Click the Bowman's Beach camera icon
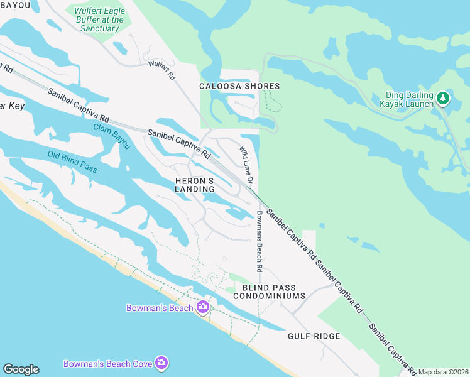tap(202, 307)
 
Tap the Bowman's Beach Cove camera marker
tap(161, 363)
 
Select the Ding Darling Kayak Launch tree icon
tap(443, 97)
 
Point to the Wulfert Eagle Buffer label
tap(99, 19)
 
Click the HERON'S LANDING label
tap(194, 185)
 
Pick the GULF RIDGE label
tap(314, 336)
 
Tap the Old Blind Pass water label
tap(72, 162)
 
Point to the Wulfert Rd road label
tap(162, 69)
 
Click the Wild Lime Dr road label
tap(246, 165)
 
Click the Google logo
tap(21, 369)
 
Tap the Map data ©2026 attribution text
tap(444, 372)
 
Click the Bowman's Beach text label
tap(160, 308)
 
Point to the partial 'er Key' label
tap(12, 106)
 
